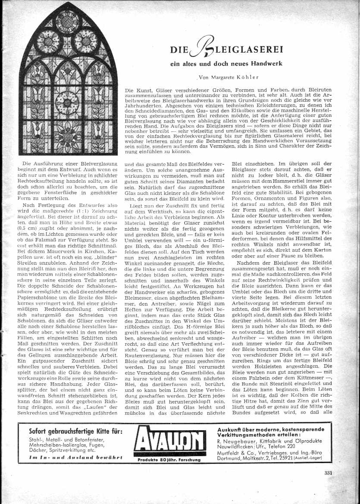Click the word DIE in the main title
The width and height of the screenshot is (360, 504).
pos(177,50)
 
